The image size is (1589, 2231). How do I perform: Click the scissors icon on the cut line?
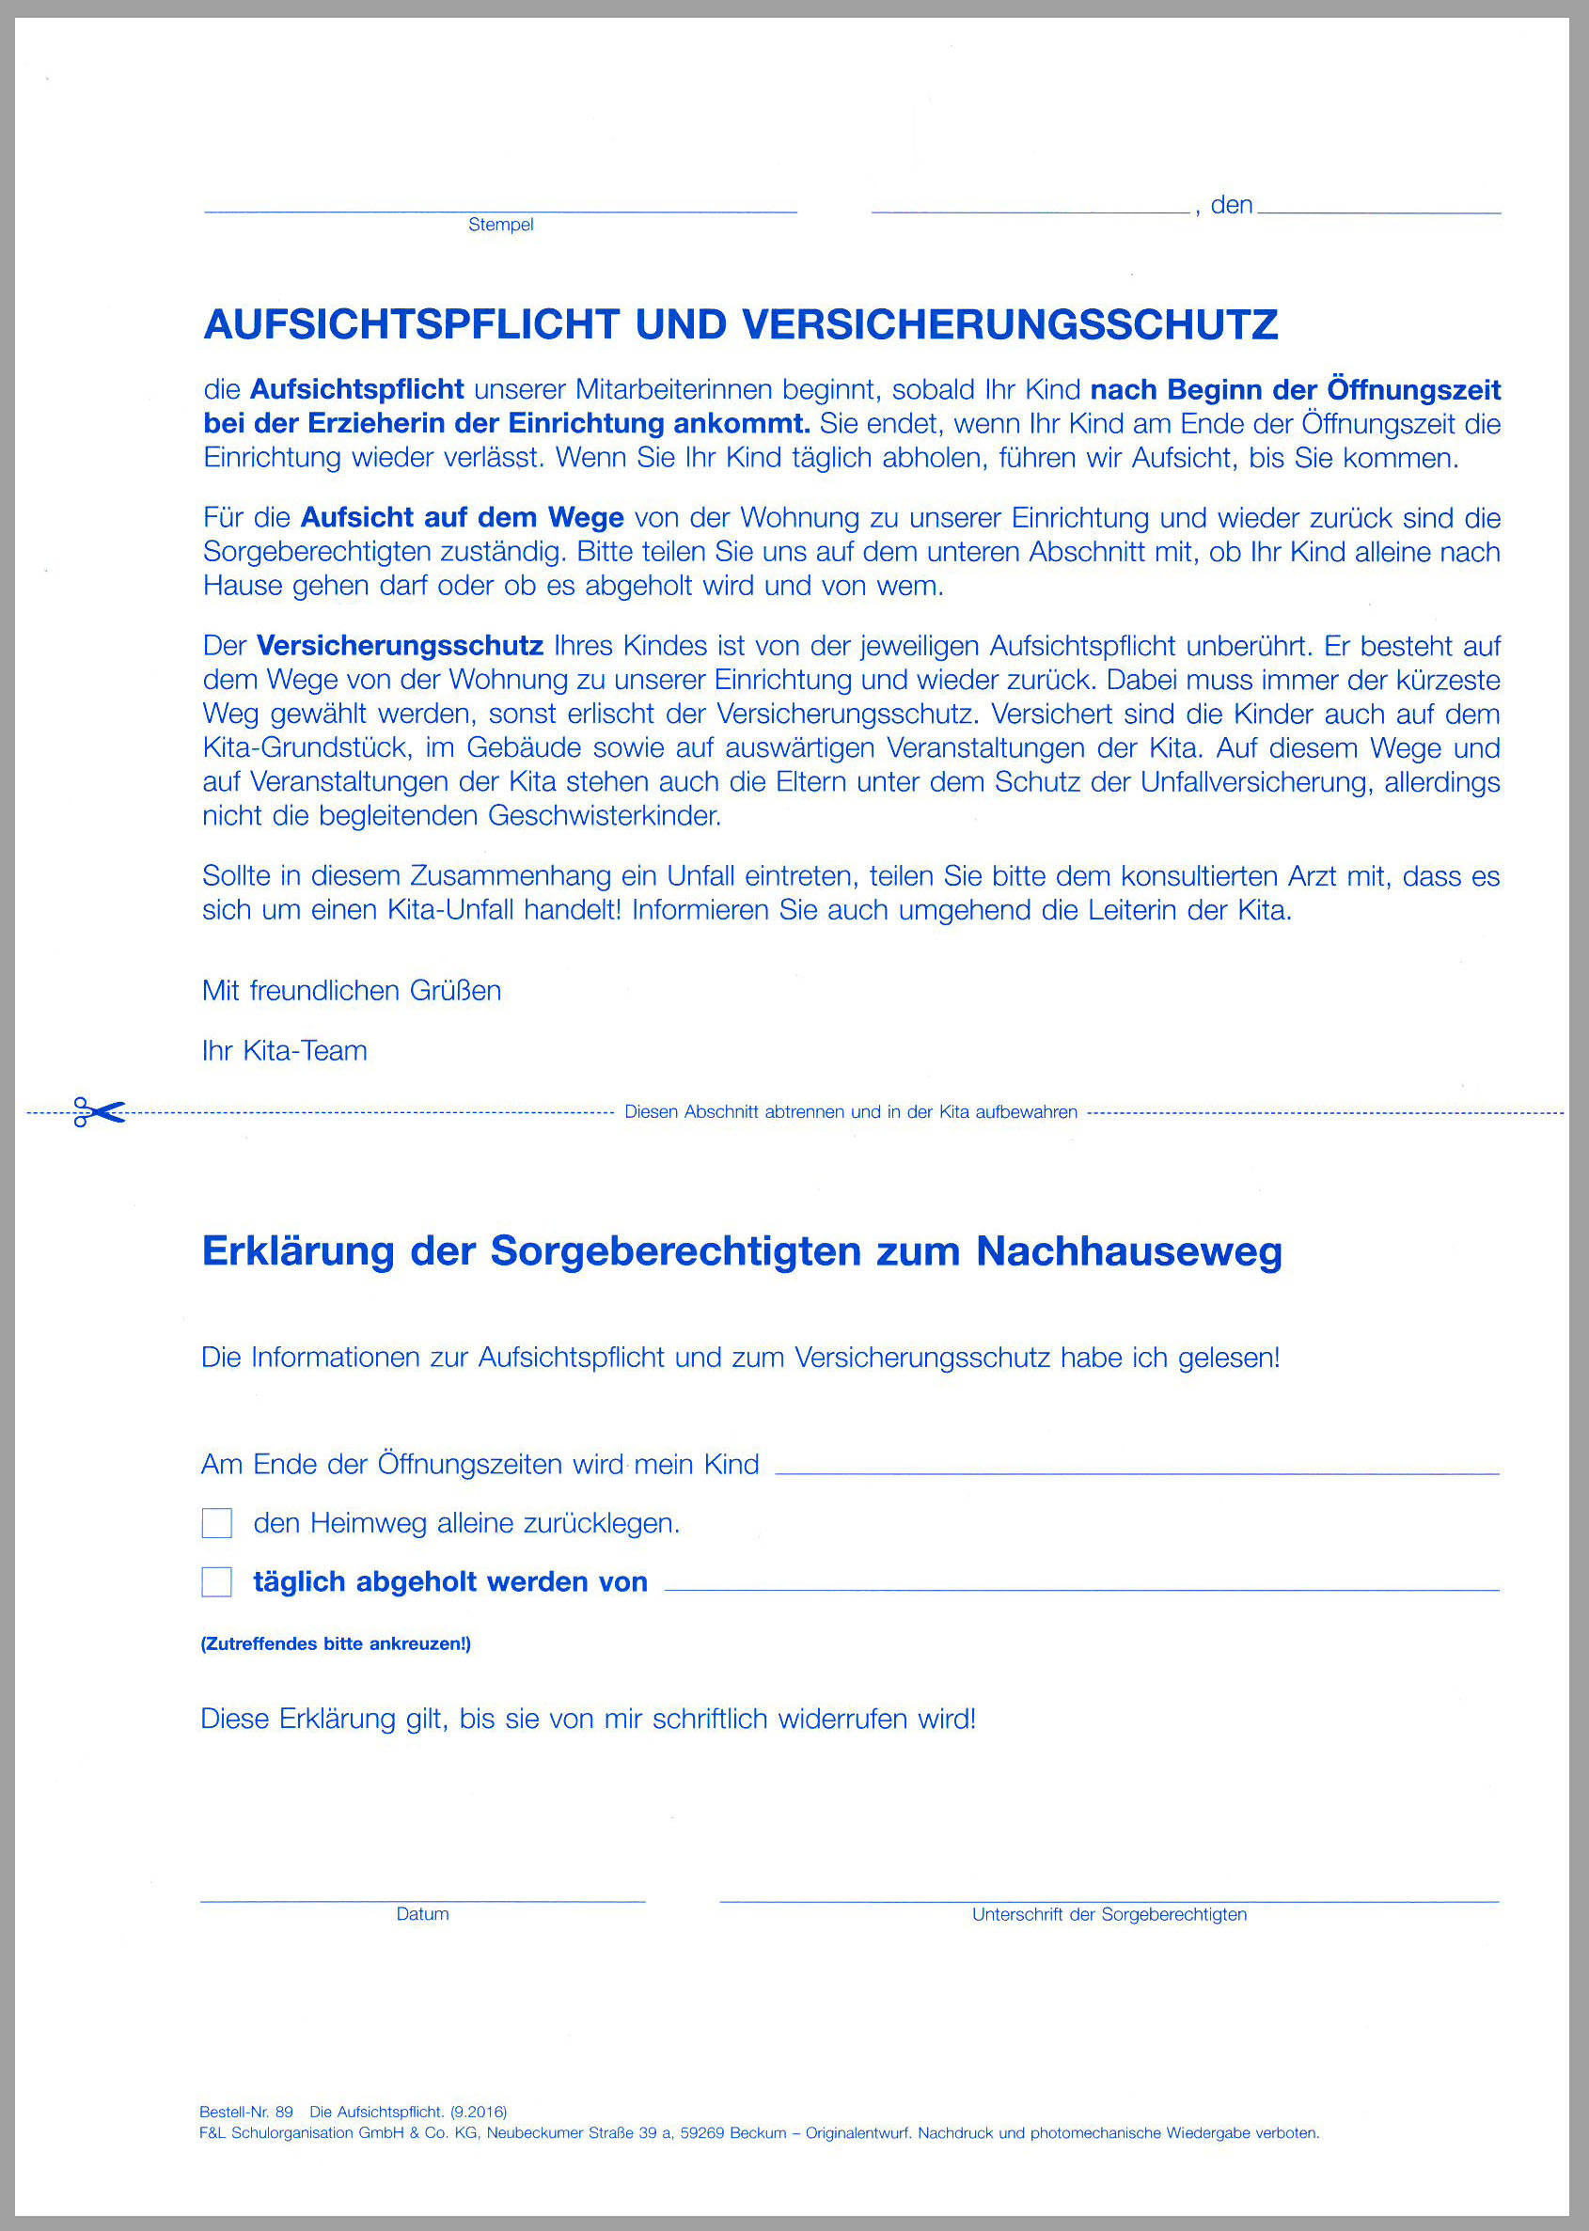99,1112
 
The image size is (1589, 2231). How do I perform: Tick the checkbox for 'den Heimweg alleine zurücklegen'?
216,1523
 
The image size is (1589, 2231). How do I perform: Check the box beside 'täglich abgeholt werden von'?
216,1581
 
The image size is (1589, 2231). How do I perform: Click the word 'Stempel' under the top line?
501,225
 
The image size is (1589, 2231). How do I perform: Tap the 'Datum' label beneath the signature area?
423,1914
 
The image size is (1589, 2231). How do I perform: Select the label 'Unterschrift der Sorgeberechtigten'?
1109,1914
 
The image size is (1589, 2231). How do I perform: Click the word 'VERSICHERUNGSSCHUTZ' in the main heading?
1010,324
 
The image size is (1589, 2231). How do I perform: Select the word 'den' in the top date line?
1231,205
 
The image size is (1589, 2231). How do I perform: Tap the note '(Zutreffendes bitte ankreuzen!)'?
336,1644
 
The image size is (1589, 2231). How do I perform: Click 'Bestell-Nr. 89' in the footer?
245,2112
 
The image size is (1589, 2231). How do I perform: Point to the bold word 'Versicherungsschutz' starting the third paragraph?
400,646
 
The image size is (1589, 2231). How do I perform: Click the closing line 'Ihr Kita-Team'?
285,1050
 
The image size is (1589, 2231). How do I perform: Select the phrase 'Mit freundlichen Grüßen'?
352,991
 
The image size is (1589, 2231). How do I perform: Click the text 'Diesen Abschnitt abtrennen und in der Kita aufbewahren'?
850,1112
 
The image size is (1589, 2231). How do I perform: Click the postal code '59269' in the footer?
703,2133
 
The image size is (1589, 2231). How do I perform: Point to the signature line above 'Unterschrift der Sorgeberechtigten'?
1109,1900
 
